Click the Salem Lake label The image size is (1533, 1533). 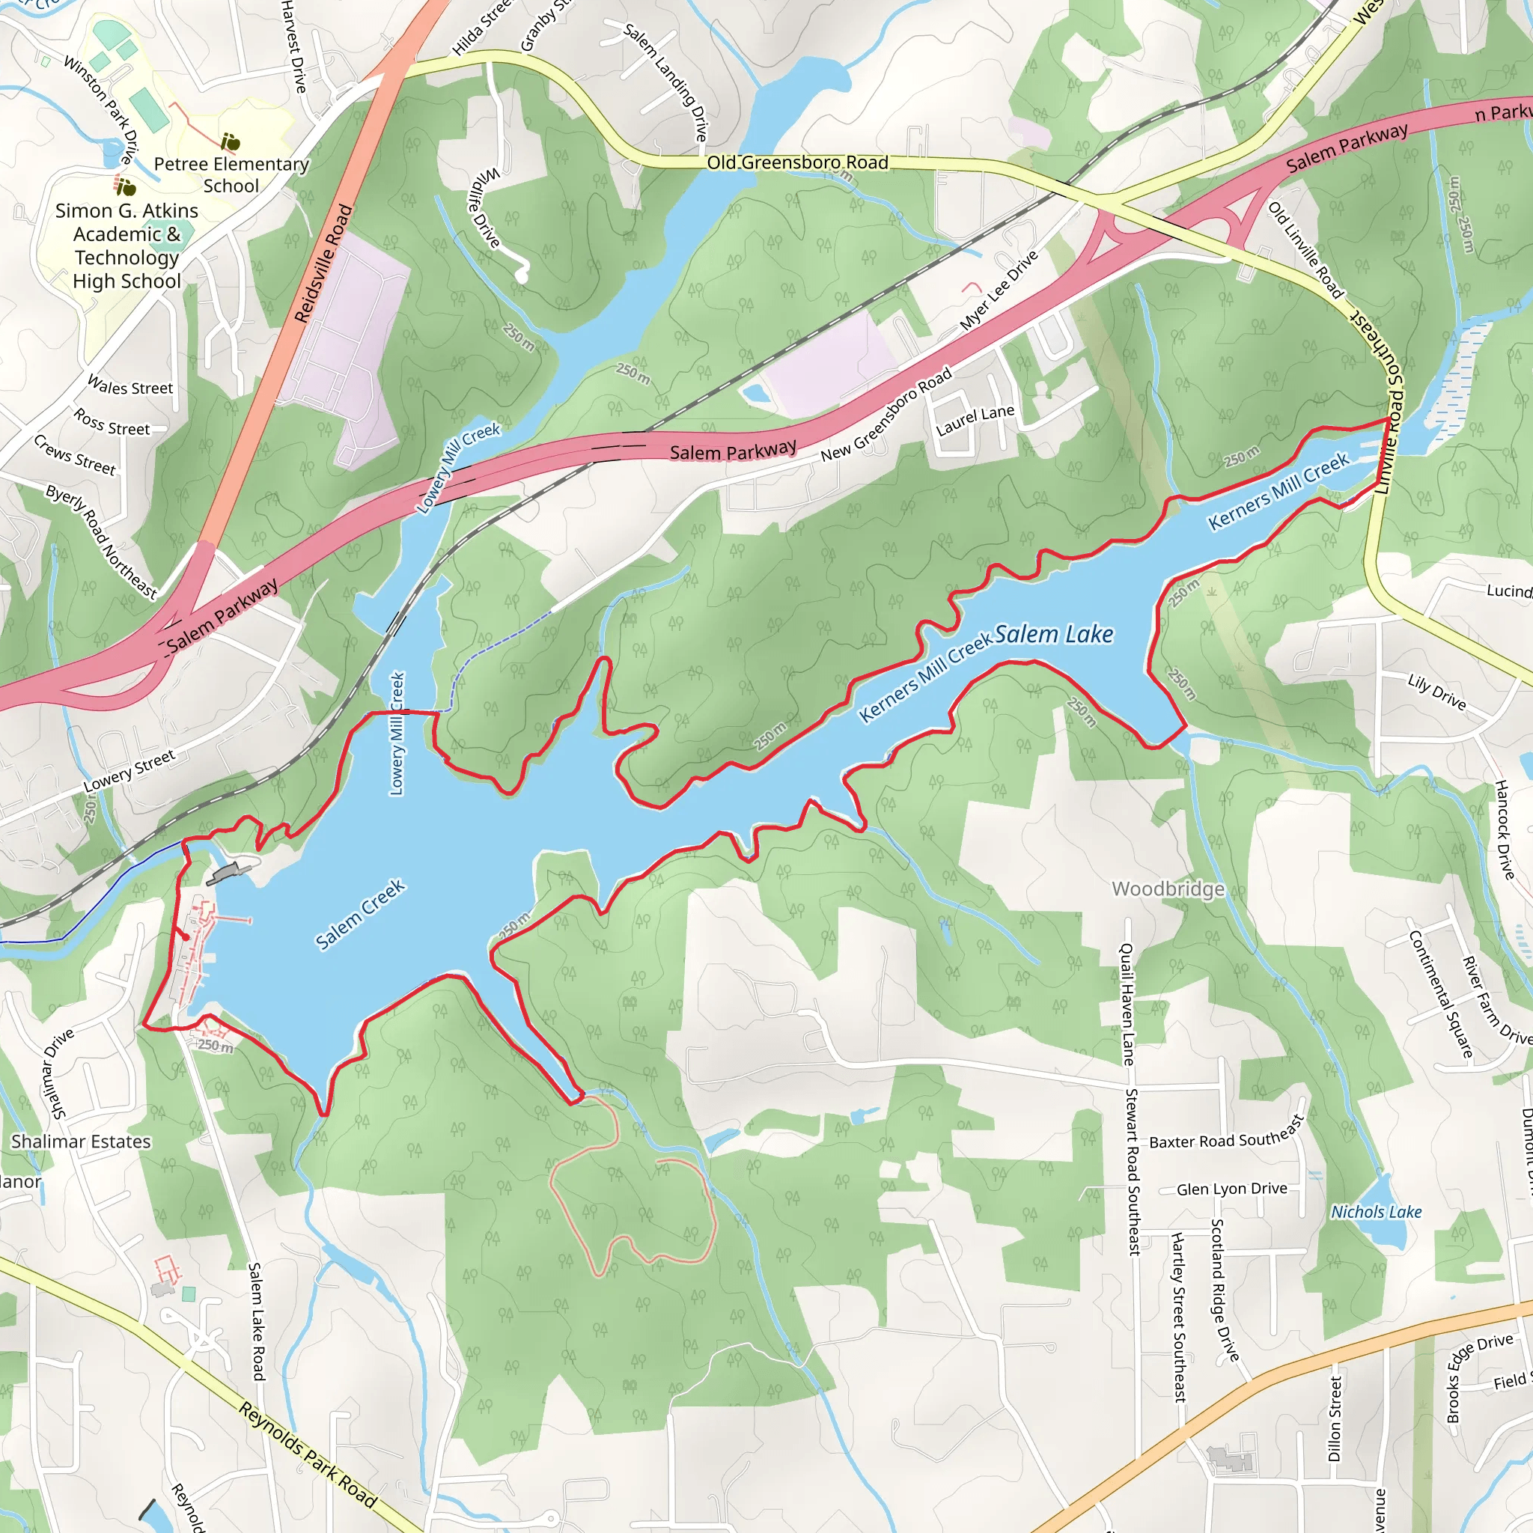tap(1054, 635)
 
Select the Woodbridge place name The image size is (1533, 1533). tap(1168, 889)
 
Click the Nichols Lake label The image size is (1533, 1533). tap(1376, 1212)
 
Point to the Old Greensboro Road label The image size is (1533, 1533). tap(796, 162)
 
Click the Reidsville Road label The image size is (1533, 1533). tap(323, 263)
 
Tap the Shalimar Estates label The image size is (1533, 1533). tap(81, 1142)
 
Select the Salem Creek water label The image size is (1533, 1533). tap(360, 914)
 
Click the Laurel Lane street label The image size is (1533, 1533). tap(975, 421)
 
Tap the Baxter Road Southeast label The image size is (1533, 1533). tap(1227, 1133)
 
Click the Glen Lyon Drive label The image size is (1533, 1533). tap(1231, 1189)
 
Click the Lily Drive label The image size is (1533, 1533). tap(1436, 691)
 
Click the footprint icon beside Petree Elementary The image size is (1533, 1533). tap(230, 142)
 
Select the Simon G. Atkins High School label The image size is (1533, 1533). tap(127, 246)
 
